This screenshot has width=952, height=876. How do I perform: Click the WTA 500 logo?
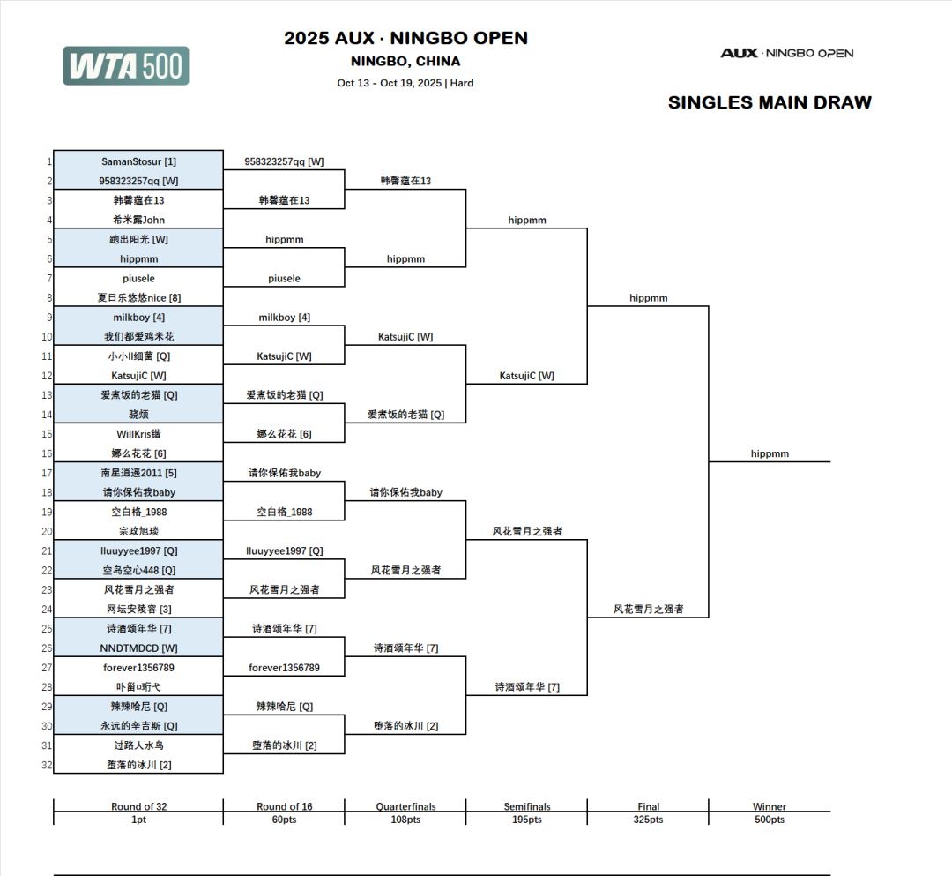(125, 66)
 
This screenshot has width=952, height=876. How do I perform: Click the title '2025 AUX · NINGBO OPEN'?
(405, 39)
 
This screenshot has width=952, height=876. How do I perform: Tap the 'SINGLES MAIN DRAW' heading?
(769, 102)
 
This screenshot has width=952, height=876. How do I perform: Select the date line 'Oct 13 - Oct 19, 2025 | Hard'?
(405, 83)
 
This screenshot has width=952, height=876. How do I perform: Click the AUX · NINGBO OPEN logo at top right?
(786, 53)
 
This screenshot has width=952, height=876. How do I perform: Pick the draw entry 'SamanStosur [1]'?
(138, 161)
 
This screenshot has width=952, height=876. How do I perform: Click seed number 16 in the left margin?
(47, 453)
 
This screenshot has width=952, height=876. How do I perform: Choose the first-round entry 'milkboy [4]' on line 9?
(138, 318)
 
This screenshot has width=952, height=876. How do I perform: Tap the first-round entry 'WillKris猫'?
(138, 434)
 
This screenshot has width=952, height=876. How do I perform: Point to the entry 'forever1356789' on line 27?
(138, 668)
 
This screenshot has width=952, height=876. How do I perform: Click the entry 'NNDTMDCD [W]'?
(138, 648)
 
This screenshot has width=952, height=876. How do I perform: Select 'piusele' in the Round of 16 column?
(284, 279)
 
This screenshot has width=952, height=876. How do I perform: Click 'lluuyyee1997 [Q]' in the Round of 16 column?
(284, 550)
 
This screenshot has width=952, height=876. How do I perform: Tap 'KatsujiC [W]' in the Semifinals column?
(526, 376)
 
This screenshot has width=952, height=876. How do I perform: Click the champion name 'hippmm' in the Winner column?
(770, 453)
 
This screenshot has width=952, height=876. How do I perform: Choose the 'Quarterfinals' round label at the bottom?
(405, 806)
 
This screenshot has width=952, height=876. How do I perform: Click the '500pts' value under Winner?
(770, 820)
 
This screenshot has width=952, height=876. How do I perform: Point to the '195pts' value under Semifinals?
(526, 820)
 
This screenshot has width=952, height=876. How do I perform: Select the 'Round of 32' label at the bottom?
(138, 806)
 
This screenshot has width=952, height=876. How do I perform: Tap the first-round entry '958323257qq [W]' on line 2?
(138, 181)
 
